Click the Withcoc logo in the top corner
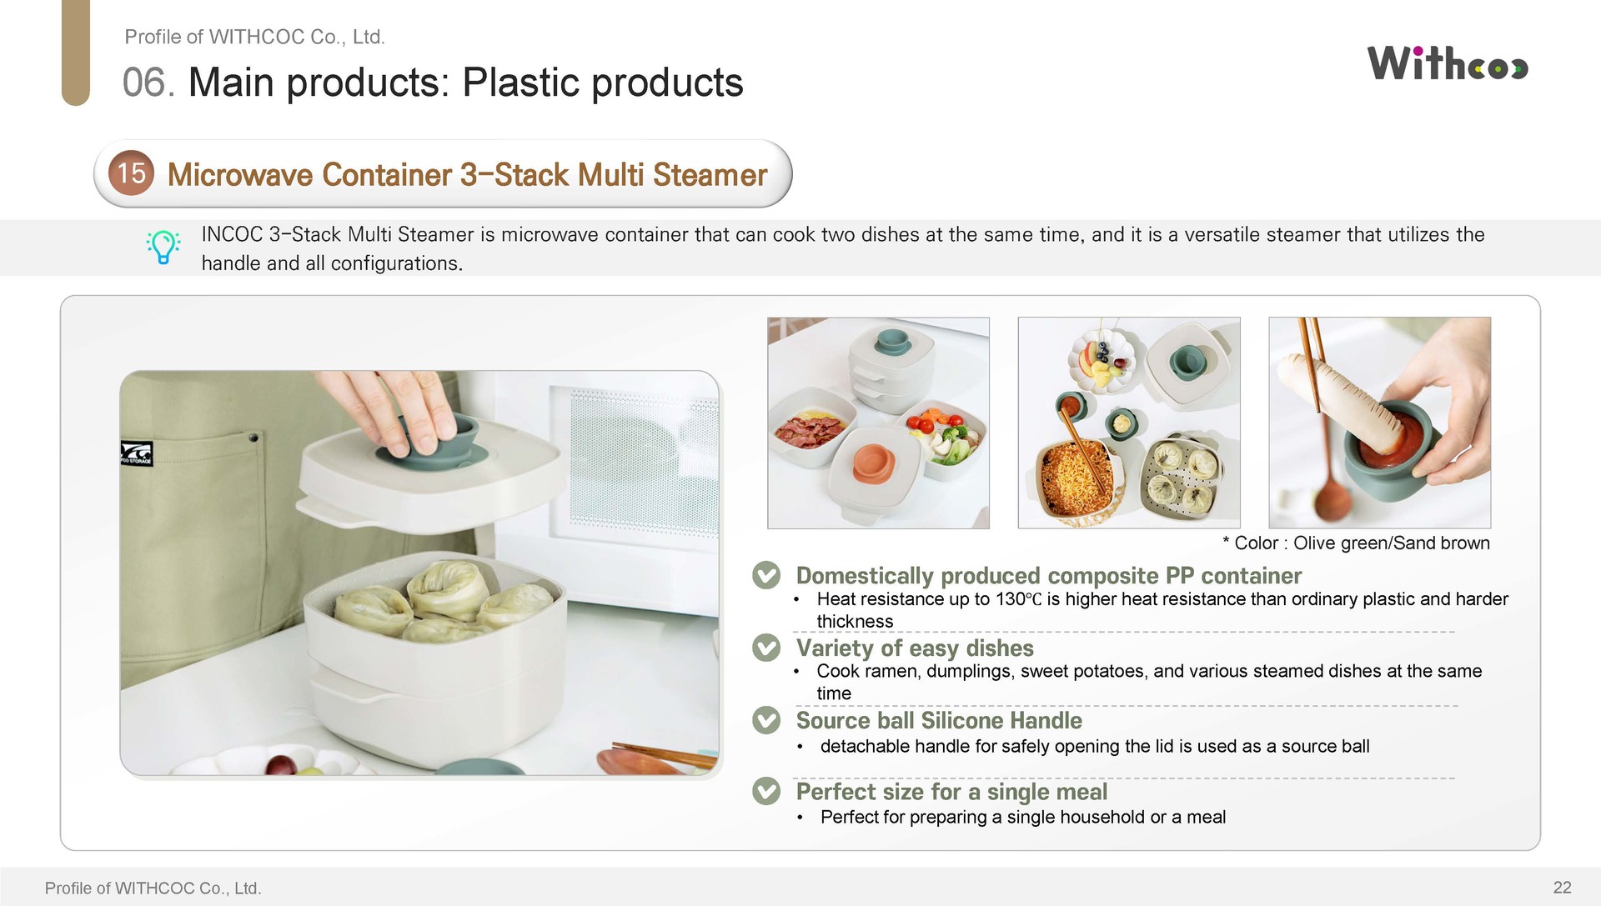(x=1448, y=63)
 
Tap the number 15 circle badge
(x=132, y=173)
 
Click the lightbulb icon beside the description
(x=163, y=248)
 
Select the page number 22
(x=1562, y=887)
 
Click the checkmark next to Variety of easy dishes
(x=766, y=648)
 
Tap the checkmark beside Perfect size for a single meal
(x=766, y=791)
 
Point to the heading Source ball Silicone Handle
(x=939, y=720)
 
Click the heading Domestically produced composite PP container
(x=1048, y=575)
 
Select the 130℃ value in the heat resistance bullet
(x=1018, y=598)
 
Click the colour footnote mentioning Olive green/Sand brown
(x=1356, y=543)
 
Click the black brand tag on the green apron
(x=137, y=453)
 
